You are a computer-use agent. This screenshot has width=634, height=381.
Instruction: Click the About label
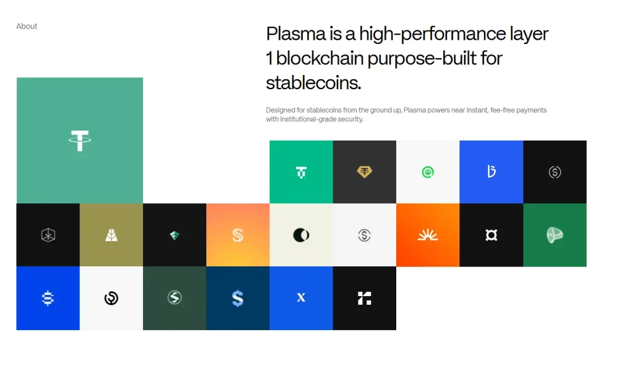[27, 26]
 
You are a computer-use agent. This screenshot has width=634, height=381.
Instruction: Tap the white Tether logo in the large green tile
[79, 141]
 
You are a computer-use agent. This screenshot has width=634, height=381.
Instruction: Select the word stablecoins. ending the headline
[313, 82]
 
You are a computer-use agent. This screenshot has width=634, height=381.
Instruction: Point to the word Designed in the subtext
[281, 110]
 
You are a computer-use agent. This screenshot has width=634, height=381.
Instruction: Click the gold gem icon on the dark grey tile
[365, 172]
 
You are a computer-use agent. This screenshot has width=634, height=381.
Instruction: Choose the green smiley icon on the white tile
[428, 172]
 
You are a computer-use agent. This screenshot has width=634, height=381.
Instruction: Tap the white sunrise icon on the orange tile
[428, 235]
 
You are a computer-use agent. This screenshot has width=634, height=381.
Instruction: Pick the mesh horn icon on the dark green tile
[555, 235]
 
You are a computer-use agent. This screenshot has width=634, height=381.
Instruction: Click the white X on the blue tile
[301, 298]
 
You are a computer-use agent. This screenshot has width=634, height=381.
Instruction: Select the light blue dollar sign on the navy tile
[238, 299]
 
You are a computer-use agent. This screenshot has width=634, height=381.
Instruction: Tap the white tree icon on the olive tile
[111, 235]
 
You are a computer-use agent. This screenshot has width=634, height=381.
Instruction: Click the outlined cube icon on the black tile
[48, 235]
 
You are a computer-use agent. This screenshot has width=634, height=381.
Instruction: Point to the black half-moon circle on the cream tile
[301, 235]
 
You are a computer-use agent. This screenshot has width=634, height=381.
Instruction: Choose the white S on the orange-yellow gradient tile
[238, 235]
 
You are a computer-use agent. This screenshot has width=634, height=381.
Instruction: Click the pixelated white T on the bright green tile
[301, 172]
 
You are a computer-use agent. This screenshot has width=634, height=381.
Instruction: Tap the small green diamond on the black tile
[175, 235]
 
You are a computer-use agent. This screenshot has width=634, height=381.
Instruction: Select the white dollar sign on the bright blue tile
[48, 298]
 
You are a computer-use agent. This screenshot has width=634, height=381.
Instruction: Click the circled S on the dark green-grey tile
[175, 298]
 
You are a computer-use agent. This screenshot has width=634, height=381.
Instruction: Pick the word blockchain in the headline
[319, 58]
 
